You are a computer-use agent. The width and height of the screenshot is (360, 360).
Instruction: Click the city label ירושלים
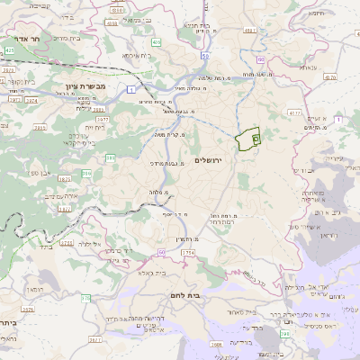(208, 160)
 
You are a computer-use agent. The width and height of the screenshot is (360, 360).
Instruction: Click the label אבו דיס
(303, 170)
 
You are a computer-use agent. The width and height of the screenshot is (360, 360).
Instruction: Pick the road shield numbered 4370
(293, 112)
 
